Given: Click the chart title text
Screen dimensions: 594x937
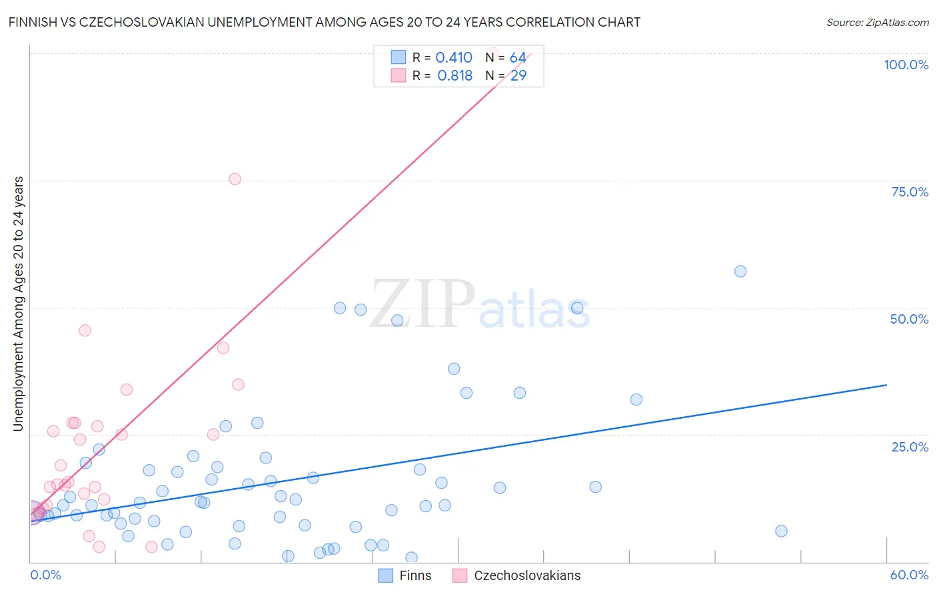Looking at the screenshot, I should point(325,22).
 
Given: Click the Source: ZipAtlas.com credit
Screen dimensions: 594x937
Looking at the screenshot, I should point(877,22).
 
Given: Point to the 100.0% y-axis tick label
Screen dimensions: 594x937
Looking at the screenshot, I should point(906,65).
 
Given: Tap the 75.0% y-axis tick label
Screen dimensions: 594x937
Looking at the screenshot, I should point(909,192).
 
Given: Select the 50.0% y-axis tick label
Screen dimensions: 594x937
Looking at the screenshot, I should point(909,319).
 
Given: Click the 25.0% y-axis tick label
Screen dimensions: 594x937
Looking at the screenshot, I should point(909,447).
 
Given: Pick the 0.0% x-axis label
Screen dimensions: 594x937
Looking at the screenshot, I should point(45,575).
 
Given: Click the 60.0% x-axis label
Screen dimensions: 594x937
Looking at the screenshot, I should point(909,575).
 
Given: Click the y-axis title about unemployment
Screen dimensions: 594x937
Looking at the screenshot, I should point(19,304).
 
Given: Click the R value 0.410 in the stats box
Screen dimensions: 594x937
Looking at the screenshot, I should point(453,58).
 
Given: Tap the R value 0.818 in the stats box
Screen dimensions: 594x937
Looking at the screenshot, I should point(455,76).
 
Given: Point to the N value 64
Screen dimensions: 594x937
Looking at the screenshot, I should point(518,58).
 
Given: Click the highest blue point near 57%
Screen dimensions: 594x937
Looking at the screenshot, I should point(740,271).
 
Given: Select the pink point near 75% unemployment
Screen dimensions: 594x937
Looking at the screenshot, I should point(235,178).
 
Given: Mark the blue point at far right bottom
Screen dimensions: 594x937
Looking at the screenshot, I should point(781,531).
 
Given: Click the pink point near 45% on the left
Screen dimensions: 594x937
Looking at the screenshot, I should point(85,330).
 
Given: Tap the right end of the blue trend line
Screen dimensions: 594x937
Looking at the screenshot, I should point(886,385).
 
